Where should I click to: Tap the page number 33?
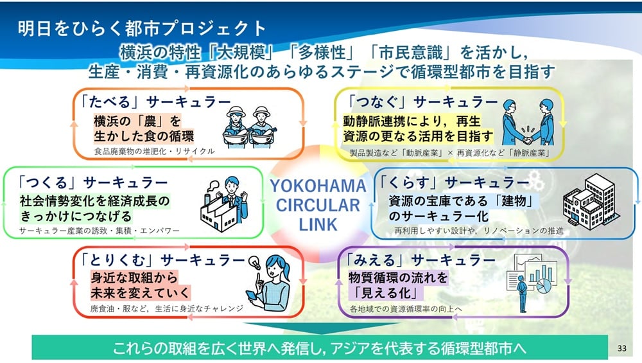pos(621,348)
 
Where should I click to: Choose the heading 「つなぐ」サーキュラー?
pos(421,102)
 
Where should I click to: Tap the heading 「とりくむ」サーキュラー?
pos(164,260)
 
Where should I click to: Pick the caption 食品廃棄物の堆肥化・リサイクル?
pos(153,152)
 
